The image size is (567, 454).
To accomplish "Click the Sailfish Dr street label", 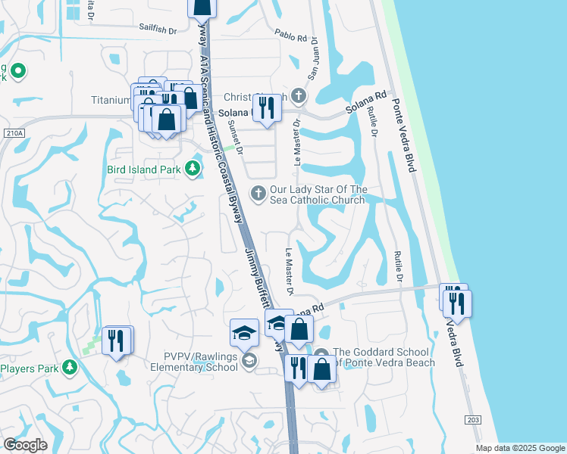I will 157,31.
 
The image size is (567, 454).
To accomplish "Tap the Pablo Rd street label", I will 291,36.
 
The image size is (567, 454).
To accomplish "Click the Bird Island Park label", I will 144,169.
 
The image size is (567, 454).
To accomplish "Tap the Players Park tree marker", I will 70,368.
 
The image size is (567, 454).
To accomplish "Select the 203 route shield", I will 471,419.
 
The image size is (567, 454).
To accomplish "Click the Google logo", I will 25,445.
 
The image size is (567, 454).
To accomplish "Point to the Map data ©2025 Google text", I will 520,448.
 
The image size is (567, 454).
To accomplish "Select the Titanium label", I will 111,100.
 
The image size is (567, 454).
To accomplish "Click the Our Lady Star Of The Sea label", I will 318,194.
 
